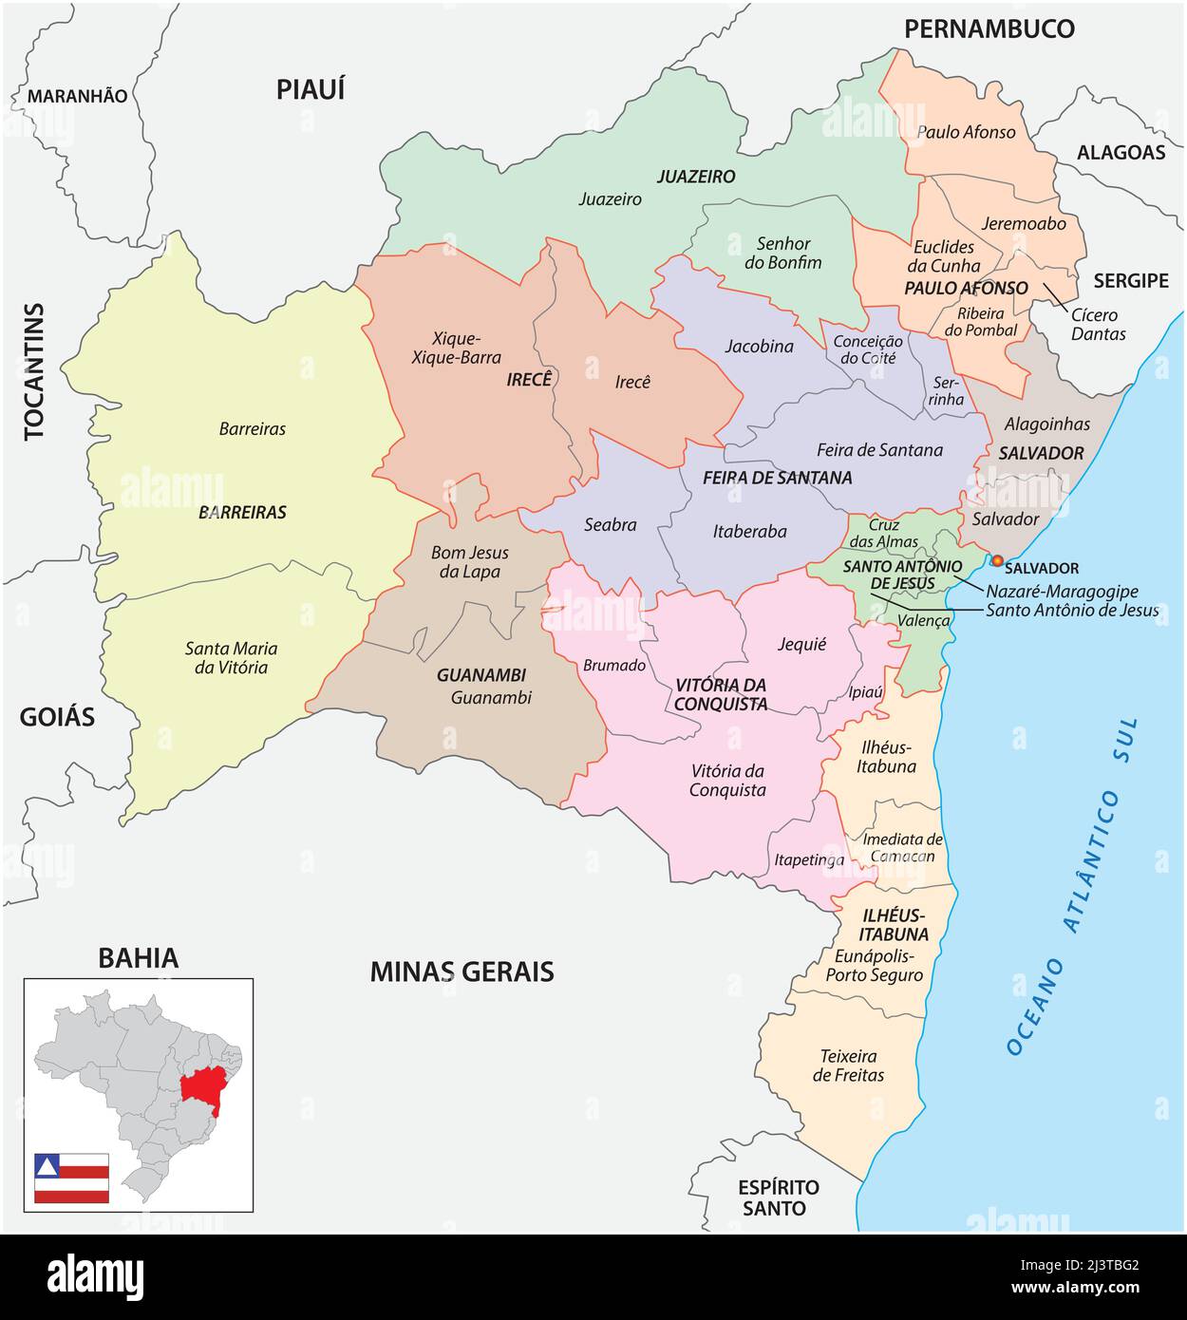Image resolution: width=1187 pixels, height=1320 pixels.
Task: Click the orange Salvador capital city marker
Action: point(996,560)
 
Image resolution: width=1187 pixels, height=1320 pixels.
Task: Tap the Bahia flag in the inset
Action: point(71,1178)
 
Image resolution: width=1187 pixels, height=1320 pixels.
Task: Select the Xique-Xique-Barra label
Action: point(443,348)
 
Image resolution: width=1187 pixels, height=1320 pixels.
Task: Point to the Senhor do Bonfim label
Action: point(782,253)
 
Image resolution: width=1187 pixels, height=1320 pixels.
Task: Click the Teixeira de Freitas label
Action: point(848,1065)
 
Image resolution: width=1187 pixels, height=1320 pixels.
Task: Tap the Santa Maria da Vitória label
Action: point(231,657)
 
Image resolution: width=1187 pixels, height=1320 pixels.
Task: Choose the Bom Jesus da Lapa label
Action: point(469,562)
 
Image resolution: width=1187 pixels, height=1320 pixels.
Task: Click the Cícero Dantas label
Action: point(1098,324)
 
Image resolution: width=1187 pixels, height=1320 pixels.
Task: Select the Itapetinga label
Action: point(809,860)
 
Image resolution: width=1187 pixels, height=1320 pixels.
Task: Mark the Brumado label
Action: point(613,666)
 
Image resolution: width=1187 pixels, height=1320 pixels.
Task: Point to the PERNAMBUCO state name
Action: point(989,28)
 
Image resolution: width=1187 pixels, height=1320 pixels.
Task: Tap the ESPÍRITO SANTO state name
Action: point(779,1197)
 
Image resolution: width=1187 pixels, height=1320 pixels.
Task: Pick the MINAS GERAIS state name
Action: point(462,971)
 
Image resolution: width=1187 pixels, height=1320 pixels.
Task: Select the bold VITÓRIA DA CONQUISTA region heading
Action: point(721,694)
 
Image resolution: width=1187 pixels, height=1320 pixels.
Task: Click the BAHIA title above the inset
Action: point(138,957)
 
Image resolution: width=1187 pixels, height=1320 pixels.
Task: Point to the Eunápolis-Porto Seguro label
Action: point(874,965)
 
